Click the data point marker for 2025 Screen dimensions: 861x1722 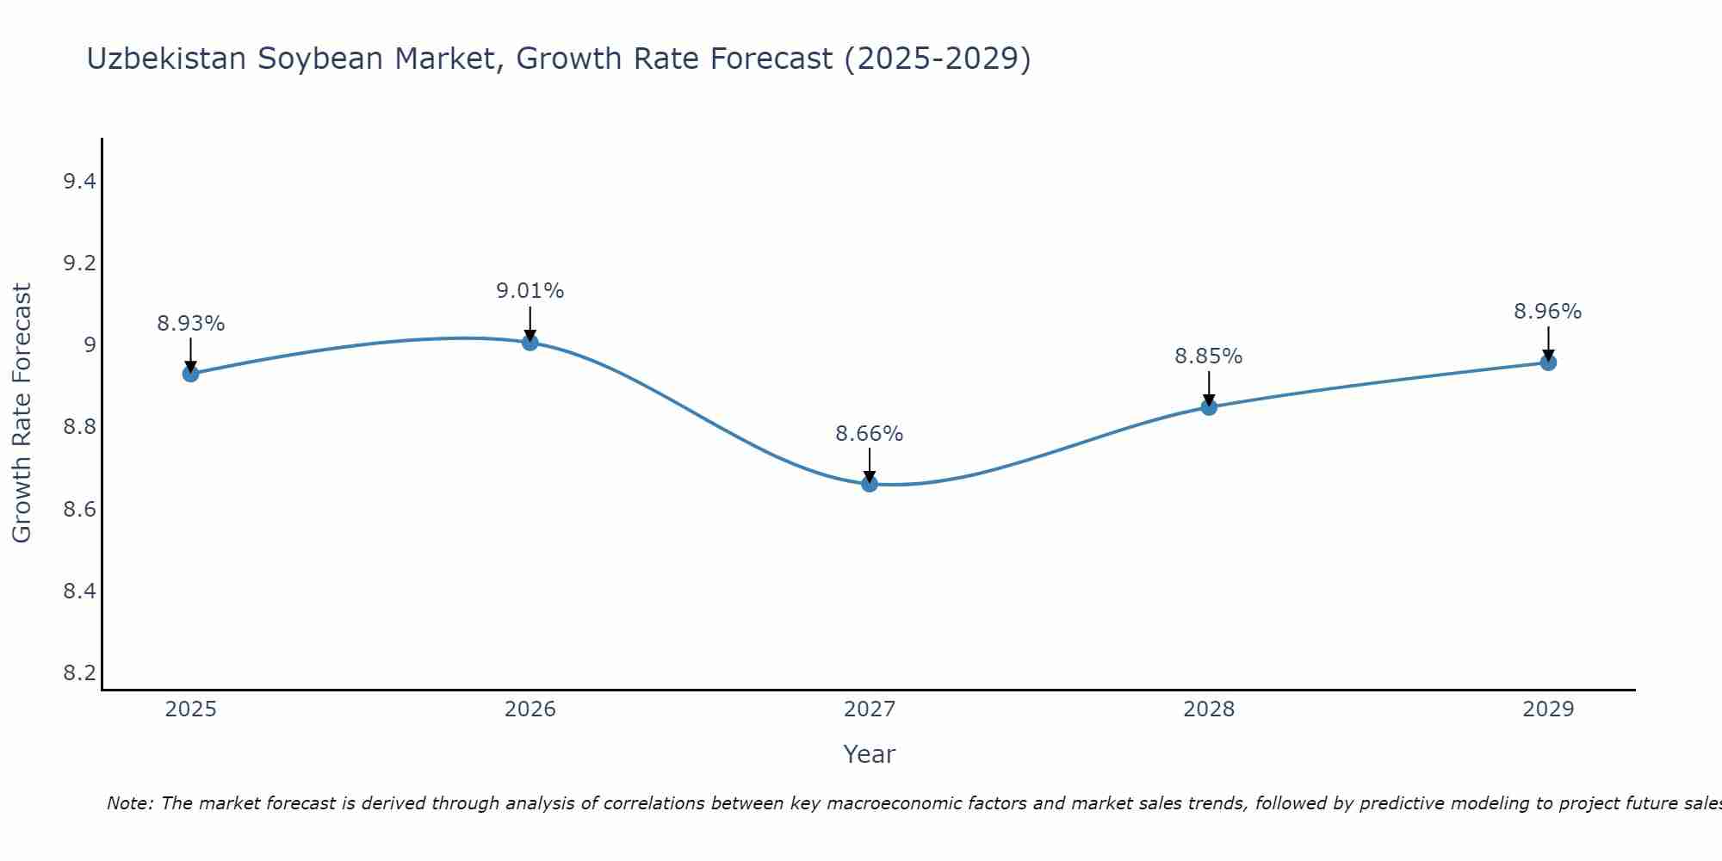190,374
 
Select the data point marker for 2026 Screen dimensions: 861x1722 530,343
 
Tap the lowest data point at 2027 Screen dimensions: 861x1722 870,484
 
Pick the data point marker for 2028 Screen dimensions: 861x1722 1209,407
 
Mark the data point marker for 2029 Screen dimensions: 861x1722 1548,362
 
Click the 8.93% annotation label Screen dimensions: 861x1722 190,324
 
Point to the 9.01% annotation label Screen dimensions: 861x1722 530,291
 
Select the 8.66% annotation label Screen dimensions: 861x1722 870,434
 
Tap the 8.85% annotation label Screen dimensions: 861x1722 1209,356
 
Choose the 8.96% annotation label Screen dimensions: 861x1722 1548,312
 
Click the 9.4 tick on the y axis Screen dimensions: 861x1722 79,182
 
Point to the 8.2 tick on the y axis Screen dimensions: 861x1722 79,673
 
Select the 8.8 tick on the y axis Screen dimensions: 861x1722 79,428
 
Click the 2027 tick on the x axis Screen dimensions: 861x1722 870,709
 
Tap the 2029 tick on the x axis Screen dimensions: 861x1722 1548,709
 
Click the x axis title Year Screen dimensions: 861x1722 870,754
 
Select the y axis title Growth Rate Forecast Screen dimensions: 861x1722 22,413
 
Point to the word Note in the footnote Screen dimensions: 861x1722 129,803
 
